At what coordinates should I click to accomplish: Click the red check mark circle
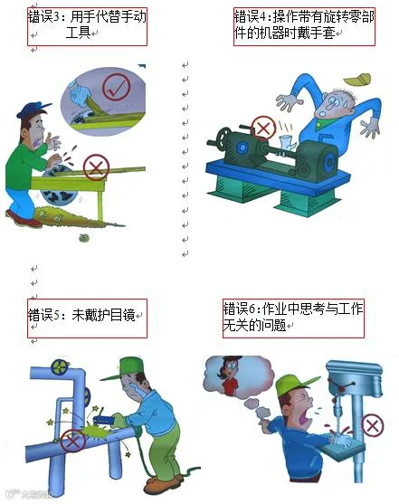tap(116, 87)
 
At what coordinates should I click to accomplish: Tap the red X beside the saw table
tap(96, 167)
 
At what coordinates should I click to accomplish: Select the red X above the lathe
tap(263, 128)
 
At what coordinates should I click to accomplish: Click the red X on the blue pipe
tap(73, 441)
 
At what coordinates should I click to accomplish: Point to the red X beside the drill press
tap(373, 426)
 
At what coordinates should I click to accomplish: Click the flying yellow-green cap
tap(357, 79)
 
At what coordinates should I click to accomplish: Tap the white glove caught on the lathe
tap(287, 142)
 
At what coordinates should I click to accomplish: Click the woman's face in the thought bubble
tap(229, 368)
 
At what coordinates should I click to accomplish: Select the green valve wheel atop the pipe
tap(60, 366)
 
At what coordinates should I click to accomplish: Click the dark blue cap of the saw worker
tap(33, 109)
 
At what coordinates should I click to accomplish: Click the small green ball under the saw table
tap(84, 238)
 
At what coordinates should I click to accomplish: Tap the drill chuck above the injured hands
tap(337, 412)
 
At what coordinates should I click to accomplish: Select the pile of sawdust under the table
tap(69, 217)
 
